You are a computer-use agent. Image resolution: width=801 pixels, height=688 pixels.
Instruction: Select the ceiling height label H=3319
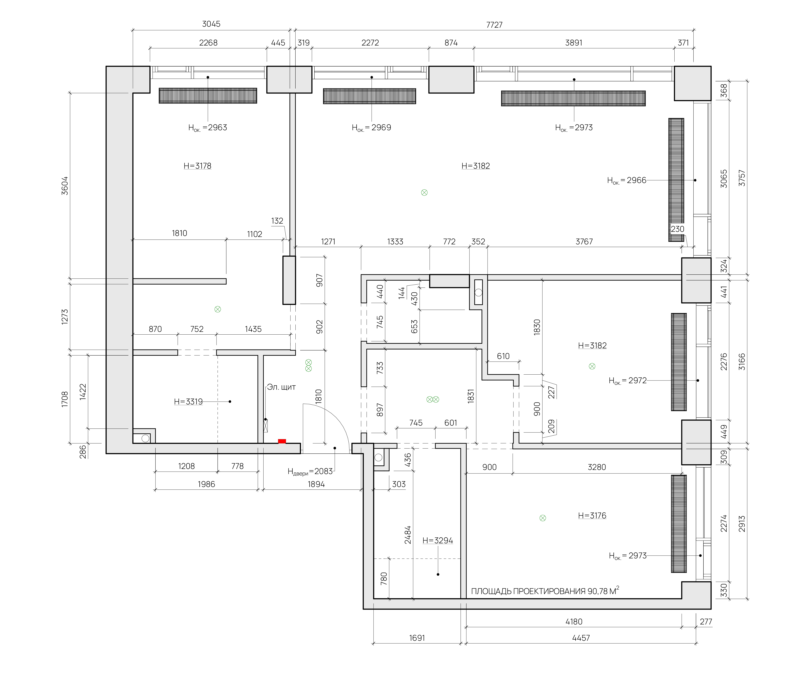188,402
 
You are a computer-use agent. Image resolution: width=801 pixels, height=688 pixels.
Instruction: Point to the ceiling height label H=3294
438,541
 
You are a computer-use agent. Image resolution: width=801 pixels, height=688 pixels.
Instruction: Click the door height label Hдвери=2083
310,472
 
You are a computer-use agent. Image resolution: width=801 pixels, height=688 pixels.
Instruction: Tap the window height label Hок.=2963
208,128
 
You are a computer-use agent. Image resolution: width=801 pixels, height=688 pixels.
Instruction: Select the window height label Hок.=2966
627,180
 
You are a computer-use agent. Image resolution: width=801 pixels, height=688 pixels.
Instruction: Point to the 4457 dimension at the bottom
581,638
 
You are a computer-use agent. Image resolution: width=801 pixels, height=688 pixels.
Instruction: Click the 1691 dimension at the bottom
417,638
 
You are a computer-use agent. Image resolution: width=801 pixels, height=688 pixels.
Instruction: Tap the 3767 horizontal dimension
584,242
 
